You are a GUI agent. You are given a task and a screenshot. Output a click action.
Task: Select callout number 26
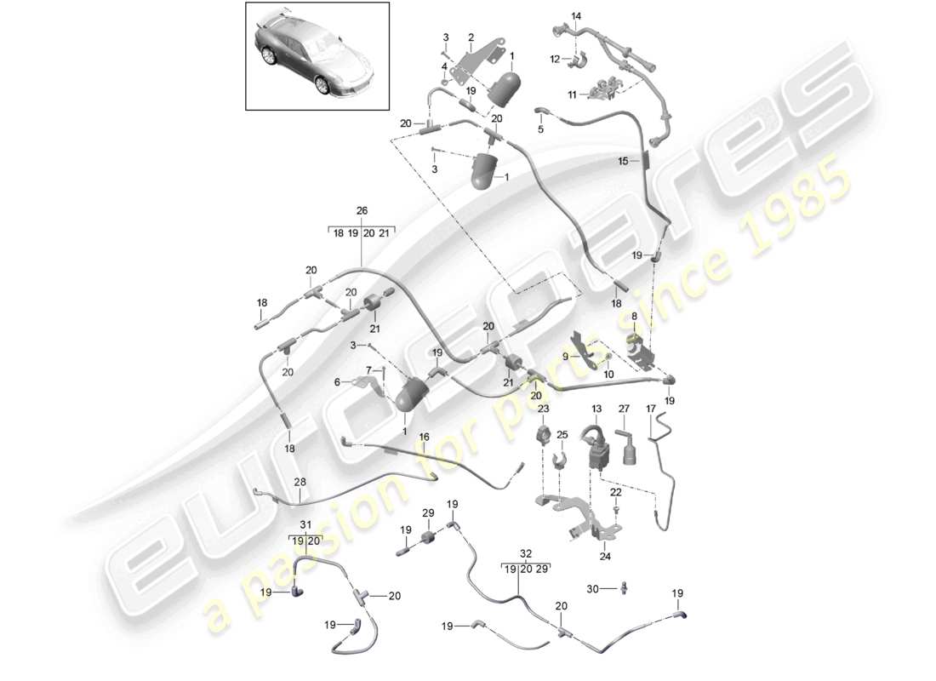click(x=362, y=211)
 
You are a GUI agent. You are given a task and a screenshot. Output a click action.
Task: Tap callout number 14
click(x=577, y=16)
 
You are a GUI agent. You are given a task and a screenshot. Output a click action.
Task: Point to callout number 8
click(x=633, y=315)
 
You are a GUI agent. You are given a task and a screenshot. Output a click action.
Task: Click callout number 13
click(x=596, y=409)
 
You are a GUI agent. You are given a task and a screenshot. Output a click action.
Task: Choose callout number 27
click(x=624, y=409)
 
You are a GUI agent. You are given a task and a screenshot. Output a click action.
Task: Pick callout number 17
click(x=651, y=409)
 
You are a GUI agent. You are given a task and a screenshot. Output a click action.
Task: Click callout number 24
click(x=605, y=558)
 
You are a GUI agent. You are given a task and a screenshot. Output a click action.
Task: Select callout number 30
click(x=593, y=588)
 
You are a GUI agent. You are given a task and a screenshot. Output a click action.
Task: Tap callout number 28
click(x=300, y=483)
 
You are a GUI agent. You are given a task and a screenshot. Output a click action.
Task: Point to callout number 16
click(x=424, y=437)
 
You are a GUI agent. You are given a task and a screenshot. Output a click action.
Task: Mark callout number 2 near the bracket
click(x=471, y=37)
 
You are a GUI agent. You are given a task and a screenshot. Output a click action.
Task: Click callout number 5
click(x=539, y=129)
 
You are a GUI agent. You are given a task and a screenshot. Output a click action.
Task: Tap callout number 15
click(x=623, y=160)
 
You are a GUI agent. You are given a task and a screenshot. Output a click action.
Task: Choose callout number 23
click(x=544, y=409)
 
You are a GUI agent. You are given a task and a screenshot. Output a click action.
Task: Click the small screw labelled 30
click(x=624, y=587)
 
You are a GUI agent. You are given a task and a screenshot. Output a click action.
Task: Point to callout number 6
click(x=336, y=382)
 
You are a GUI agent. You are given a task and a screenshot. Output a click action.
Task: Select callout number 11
click(x=572, y=94)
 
